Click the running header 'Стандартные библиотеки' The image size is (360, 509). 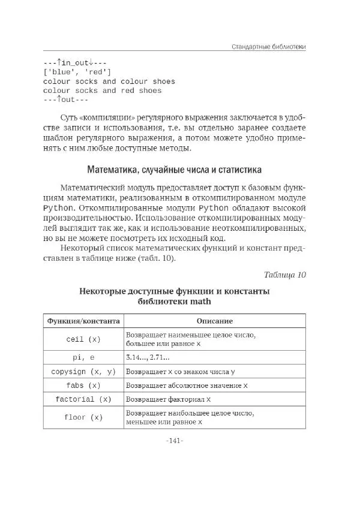[x=269, y=47]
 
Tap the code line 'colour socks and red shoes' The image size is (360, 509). [x=103, y=91]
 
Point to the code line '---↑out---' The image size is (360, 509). [x=66, y=100]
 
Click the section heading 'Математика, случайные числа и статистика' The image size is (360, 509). [x=175, y=170]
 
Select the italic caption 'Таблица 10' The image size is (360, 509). [x=285, y=275]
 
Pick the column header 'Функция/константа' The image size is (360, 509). [x=83, y=321]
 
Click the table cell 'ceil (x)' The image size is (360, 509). [x=83, y=339]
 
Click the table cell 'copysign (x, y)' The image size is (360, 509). [x=83, y=372]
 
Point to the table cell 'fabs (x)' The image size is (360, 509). [x=83, y=385]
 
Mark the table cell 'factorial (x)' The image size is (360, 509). [x=83, y=399]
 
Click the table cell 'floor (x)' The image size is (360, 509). [x=83, y=417]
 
